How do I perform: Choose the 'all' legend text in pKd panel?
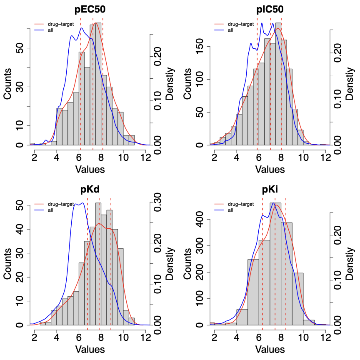pos(51,210)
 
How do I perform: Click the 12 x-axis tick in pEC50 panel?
pos(145,157)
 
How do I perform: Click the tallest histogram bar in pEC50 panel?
pos(98,83)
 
